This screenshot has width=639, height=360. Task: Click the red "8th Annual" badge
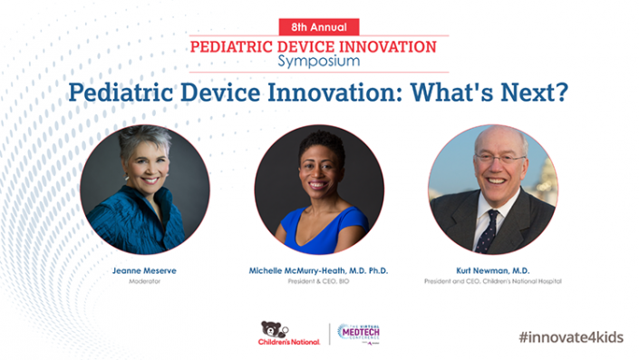(319, 26)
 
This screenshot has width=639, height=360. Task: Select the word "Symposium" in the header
(319, 62)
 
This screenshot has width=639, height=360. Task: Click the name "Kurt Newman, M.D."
(493, 270)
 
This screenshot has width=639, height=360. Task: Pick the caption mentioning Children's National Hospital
(493, 281)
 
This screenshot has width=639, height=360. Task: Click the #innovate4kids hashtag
(571, 336)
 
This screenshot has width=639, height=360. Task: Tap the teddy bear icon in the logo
(271, 328)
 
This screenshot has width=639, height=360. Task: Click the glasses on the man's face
(499, 159)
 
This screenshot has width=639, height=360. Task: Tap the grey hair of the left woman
(144, 141)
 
